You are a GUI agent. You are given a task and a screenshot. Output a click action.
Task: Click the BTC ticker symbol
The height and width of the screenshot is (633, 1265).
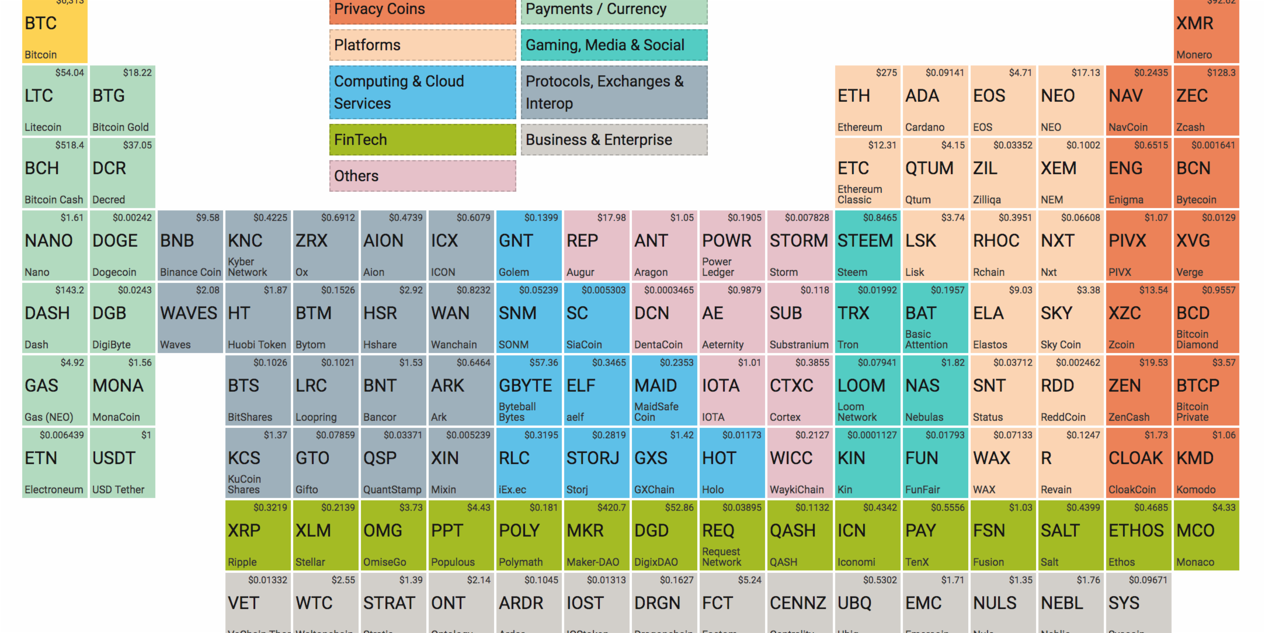pos(41,23)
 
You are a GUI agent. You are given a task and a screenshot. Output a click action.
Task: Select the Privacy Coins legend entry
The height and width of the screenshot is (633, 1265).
pos(422,10)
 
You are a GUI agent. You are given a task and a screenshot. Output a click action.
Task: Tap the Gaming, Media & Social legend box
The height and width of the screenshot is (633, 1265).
pos(614,45)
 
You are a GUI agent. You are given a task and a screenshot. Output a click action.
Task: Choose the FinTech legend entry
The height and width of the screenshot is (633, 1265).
pos(422,140)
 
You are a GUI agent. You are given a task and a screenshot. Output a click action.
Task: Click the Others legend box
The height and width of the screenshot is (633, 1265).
pos(422,176)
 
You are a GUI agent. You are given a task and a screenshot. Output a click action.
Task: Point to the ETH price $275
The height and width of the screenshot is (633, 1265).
pos(886,73)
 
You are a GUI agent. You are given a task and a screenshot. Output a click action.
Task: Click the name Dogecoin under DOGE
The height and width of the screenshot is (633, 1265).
pos(114,272)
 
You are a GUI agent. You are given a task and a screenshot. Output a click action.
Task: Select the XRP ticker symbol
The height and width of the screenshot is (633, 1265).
pos(244,531)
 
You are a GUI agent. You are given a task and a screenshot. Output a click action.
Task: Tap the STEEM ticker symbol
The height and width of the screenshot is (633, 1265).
pos(865,241)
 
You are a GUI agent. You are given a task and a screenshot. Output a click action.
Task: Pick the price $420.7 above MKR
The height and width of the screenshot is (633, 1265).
pos(611,508)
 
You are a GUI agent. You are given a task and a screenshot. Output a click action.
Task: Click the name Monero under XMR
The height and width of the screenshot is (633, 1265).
pos(1194,55)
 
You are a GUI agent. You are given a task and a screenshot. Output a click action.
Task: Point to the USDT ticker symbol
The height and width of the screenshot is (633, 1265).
pos(114,458)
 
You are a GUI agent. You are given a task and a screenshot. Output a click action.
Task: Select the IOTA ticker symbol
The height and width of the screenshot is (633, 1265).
pos(721,386)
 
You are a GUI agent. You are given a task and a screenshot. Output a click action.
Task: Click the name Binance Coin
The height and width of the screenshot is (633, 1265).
pos(190,272)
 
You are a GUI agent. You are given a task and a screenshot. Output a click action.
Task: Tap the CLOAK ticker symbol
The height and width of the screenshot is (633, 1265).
pos(1135,458)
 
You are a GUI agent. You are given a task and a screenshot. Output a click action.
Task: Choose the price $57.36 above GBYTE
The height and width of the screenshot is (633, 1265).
pos(543,363)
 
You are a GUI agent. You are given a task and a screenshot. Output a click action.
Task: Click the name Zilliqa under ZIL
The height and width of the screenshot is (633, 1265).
pos(986,200)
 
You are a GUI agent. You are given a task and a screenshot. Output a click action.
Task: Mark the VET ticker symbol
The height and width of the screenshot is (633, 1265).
pos(243,603)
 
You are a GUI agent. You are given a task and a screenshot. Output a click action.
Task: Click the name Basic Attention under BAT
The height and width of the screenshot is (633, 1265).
pos(926,340)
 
